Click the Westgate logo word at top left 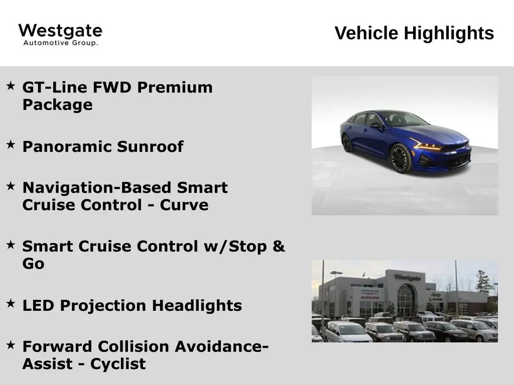click(x=60, y=31)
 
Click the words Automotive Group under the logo click(x=61, y=43)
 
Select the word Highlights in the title click(x=449, y=34)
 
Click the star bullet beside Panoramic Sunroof click(x=11, y=144)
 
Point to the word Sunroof click(x=150, y=146)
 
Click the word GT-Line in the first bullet click(x=55, y=87)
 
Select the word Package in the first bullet click(x=57, y=105)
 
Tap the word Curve click(x=184, y=205)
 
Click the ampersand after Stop click(x=278, y=246)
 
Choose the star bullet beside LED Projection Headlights click(x=11, y=303)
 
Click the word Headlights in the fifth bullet click(x=197, y=306)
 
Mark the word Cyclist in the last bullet click(x=118, y=364)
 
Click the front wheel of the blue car click(x=401, y=158)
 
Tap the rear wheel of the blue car click(x=347, y=143)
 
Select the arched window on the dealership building click(x=406, y=300)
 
